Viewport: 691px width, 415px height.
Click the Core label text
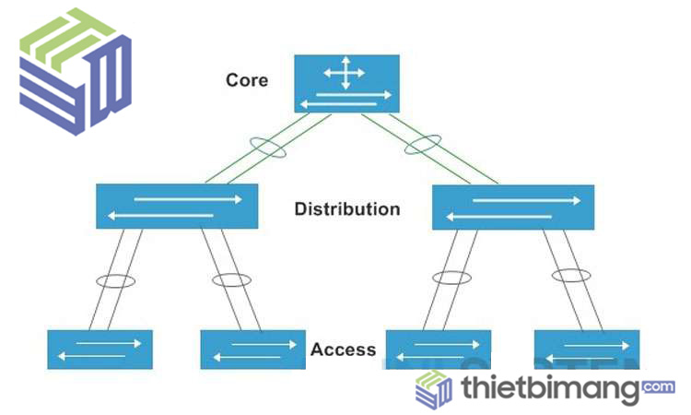tap(247, 80)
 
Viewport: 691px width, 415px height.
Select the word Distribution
tap(347, 209)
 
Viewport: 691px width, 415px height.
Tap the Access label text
tap(343, 350)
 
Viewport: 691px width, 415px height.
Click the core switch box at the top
tap(346, 84)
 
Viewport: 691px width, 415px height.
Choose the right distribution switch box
tap(512, 207)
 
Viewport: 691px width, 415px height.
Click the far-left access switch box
tap(100, 349)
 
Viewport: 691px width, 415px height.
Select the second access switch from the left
tap(252, 350)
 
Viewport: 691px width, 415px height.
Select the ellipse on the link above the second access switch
tap(230, 279)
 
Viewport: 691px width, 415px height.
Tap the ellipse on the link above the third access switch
tap(451, 278)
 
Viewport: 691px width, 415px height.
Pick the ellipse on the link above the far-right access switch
tap(571, 275)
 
